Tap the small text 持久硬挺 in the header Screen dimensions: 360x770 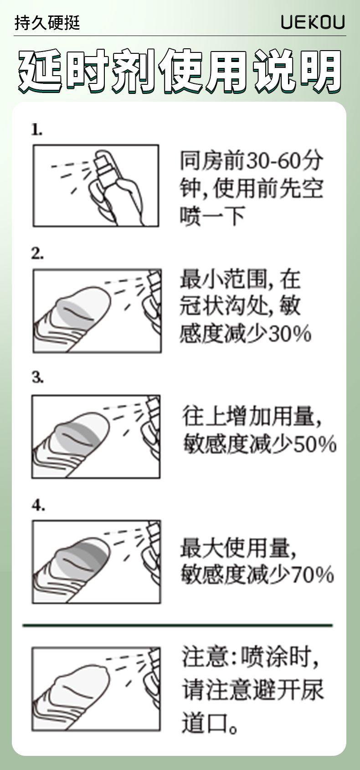click(47, 23)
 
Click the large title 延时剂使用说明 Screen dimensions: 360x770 click(180, 71)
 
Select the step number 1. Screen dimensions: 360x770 click(37, 129)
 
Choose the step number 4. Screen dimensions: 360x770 click(38, 505)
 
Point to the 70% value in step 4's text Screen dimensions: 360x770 click(312, 574)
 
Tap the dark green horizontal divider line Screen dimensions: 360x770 click(178, 625)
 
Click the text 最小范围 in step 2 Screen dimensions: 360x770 click(223, 279)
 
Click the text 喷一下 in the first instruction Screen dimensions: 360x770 click(212, 216)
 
